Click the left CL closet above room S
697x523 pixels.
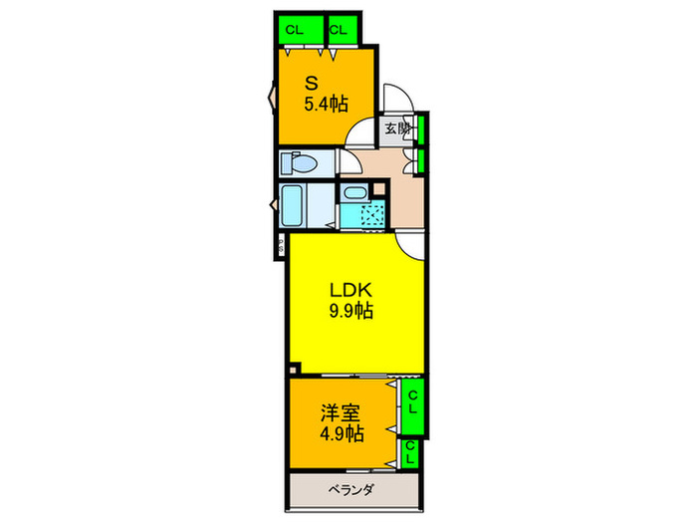pyautogui.click(x=296, y=30)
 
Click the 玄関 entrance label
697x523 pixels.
pyautogui.click(x=396, y=129)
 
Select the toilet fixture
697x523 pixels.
pyautogui.click(x=299, y=162)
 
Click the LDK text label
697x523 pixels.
pyautogui.click(x=351, y=290)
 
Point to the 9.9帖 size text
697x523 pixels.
pyautogui.click(x=351, y=311)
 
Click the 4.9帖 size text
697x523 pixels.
pyautogui.click(x=342, y=434)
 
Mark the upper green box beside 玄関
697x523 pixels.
pyautogui.click(x=422, y=130)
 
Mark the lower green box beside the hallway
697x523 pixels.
pyautogui.click(x=422, y=159)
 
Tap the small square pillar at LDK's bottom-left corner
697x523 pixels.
pyautogui.click(x=292, y=367)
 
